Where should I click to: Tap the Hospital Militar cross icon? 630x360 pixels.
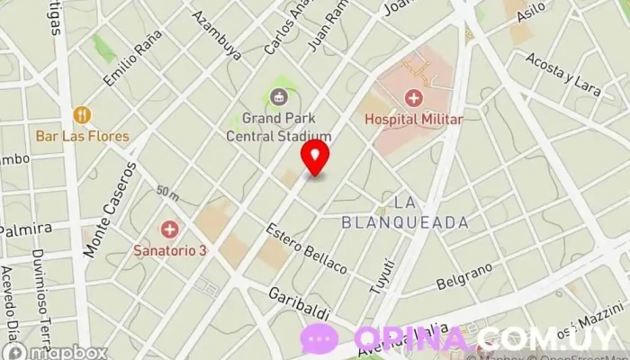413,97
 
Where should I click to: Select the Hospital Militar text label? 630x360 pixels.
413,119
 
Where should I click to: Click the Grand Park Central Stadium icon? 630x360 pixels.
278,96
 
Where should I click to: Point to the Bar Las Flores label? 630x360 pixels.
83,136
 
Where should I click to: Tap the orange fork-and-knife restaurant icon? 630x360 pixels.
82,114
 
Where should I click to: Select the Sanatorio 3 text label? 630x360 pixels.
169,249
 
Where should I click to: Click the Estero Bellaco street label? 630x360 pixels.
306,247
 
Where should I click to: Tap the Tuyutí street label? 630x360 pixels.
382,274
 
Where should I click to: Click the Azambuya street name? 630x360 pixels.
217,35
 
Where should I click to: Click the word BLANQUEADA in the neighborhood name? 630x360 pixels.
405,221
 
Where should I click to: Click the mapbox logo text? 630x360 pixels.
67,352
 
